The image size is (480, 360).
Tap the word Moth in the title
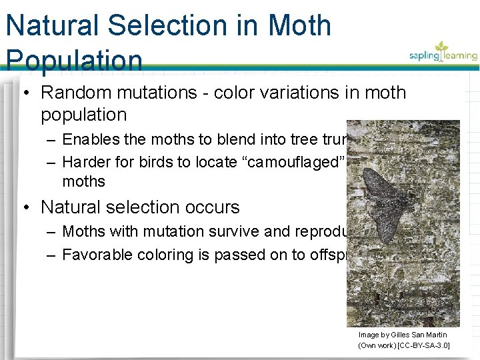coord(300,26)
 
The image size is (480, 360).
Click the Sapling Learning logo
coord(443,53)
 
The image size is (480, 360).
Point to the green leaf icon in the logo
coord(442,46)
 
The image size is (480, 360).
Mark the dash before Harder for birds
coord(51,162)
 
